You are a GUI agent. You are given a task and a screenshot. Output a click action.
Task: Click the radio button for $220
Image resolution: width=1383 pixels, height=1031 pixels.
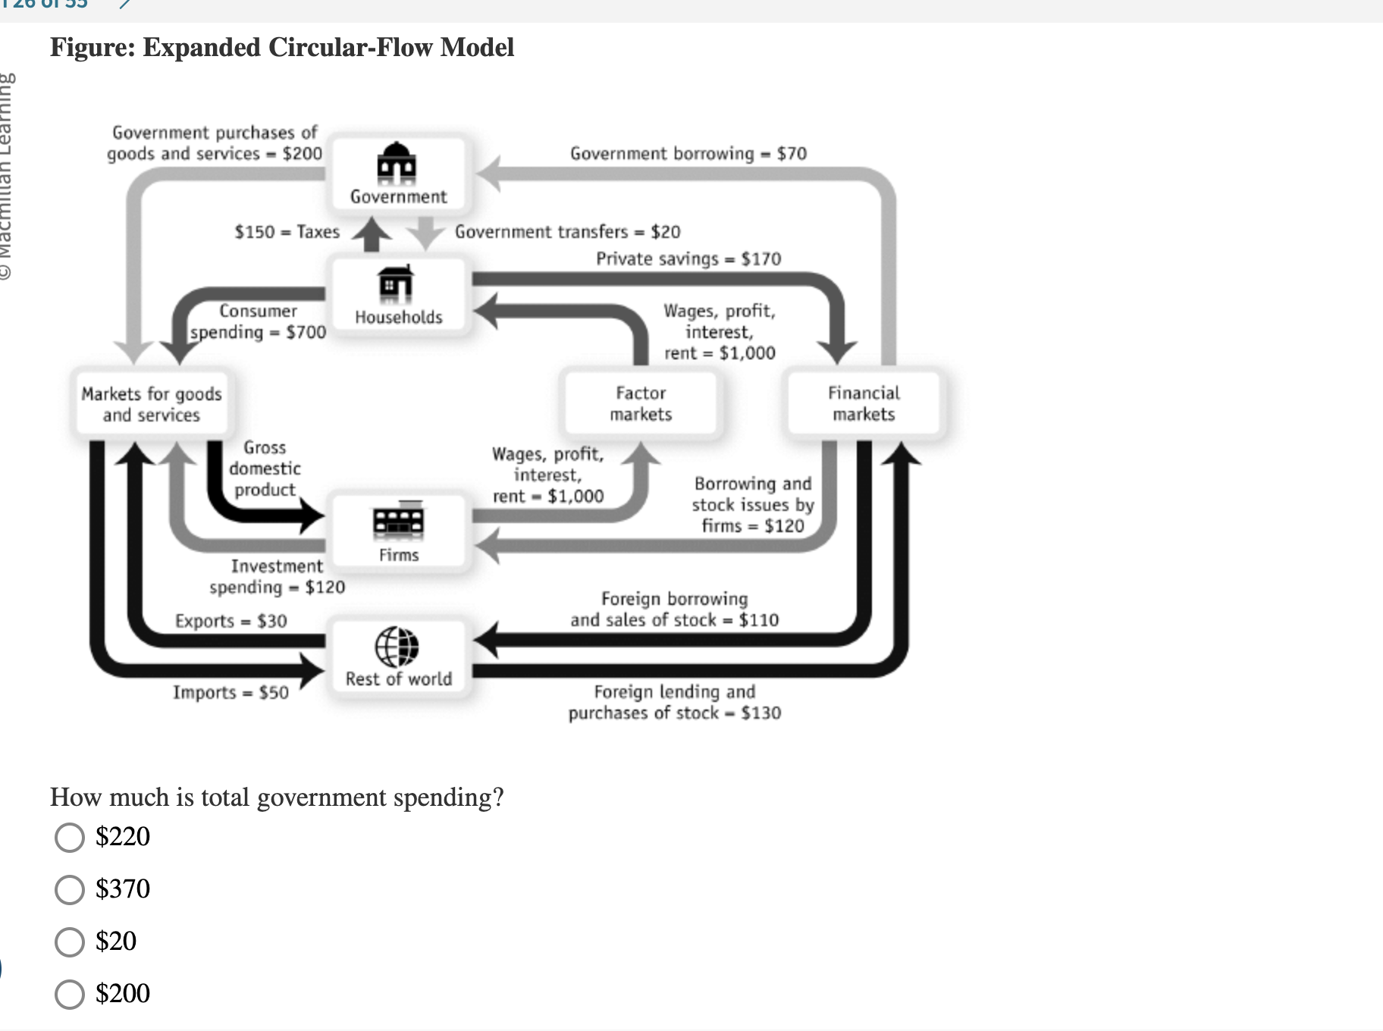click(x=70, y=838)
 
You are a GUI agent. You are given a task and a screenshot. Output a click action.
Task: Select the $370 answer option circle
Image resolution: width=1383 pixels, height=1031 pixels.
click(x=70, y=890)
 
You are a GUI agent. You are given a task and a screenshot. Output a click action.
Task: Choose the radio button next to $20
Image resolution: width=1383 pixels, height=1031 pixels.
click(x=70, y=942)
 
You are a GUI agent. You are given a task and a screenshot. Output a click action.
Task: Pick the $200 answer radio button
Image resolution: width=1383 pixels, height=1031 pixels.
click(x=70, y=994)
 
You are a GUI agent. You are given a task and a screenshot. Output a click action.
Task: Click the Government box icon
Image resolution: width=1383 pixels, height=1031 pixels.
click(x=398, y=163)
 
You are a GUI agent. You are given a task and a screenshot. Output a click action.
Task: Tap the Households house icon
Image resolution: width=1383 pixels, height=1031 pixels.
click(x=397, y=284)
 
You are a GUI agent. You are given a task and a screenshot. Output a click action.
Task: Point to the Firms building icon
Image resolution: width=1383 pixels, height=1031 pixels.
click(x=399, y=521)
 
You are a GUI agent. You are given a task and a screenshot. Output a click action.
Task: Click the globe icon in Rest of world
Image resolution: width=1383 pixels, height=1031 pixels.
click(x=397, y=647)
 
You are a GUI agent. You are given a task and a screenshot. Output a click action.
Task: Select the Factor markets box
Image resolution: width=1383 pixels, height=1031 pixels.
click(x=641, y=403)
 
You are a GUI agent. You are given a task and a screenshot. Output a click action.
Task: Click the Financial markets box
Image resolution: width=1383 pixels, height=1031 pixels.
click(x=864, y=403)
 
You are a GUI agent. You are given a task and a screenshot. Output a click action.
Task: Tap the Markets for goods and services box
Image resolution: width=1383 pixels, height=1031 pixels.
click(x=152, y=404)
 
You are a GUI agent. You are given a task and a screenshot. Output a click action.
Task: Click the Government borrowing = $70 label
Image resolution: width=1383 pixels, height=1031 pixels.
click(x=688, y=154)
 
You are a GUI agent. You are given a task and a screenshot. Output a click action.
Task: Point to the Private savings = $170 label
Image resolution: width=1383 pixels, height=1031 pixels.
click(x=688, y=259)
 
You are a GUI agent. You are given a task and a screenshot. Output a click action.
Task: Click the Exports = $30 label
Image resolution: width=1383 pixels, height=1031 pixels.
click(x=230, y=622)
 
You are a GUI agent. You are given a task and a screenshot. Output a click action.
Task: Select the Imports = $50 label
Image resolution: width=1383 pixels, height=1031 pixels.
click(x=230, y=693)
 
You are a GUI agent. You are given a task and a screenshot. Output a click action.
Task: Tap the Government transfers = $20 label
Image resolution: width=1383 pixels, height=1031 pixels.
click(x=567, y=232)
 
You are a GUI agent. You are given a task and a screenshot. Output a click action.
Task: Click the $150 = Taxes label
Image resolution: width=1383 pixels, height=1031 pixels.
click(x=287, y=232)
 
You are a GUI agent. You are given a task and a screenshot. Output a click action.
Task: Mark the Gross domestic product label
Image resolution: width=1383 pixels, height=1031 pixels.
click(x=265, y=468)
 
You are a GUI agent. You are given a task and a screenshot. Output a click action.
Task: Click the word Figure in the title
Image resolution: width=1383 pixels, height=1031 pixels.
click(x=91, y=48)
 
